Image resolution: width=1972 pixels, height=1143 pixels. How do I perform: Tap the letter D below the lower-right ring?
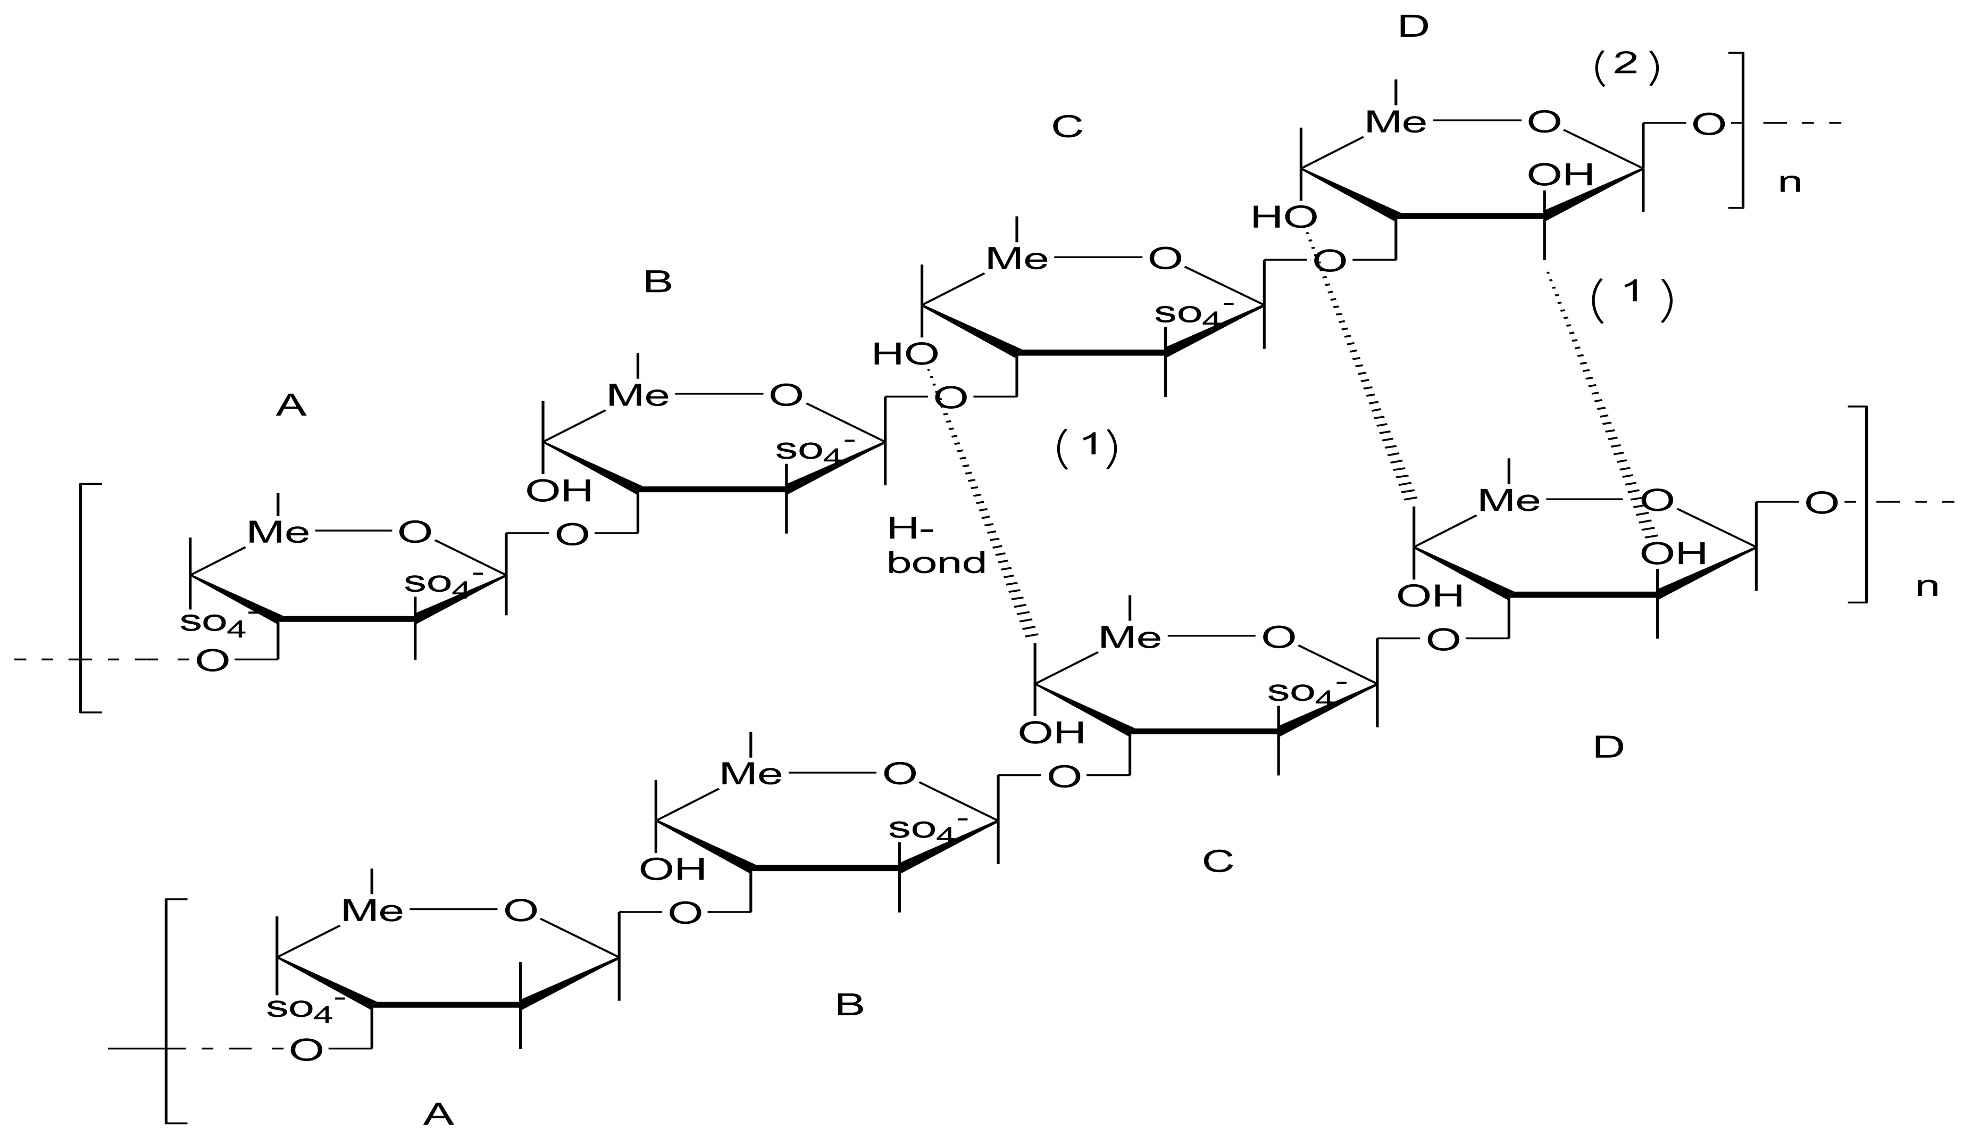coord(1609,748)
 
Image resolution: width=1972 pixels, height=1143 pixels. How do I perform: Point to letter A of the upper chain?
coord(290,405)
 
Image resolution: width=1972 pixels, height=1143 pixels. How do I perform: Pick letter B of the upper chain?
coord(657,282)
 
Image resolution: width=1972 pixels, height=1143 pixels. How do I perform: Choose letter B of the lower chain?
coord(850,1005)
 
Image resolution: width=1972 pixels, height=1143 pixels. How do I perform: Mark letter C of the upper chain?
coord(1067,126)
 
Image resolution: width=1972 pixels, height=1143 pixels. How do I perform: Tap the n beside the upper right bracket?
coord(1790,183)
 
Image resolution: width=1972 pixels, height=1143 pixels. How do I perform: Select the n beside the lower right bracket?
coord(1927,586)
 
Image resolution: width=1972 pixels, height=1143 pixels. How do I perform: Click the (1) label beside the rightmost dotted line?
coord(1632,299)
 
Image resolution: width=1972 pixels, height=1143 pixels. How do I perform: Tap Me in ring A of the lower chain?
coord(372,910)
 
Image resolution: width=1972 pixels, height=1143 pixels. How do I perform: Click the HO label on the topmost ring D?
coord(1283,218)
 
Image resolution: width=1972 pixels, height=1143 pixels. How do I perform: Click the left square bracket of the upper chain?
coord(82,598)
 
